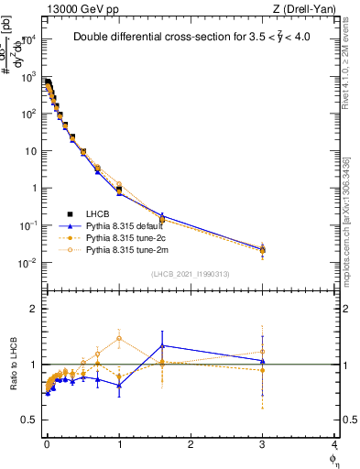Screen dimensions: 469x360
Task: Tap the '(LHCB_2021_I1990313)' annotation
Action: point(190,274)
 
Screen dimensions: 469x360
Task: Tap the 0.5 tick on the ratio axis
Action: point(29,420)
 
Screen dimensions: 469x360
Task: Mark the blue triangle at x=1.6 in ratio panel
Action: point(162,345)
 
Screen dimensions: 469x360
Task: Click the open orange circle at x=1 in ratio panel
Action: point(119,338)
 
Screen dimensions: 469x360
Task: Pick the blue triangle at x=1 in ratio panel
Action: point(119,385)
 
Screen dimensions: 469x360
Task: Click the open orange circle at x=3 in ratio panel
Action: point(263,352)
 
